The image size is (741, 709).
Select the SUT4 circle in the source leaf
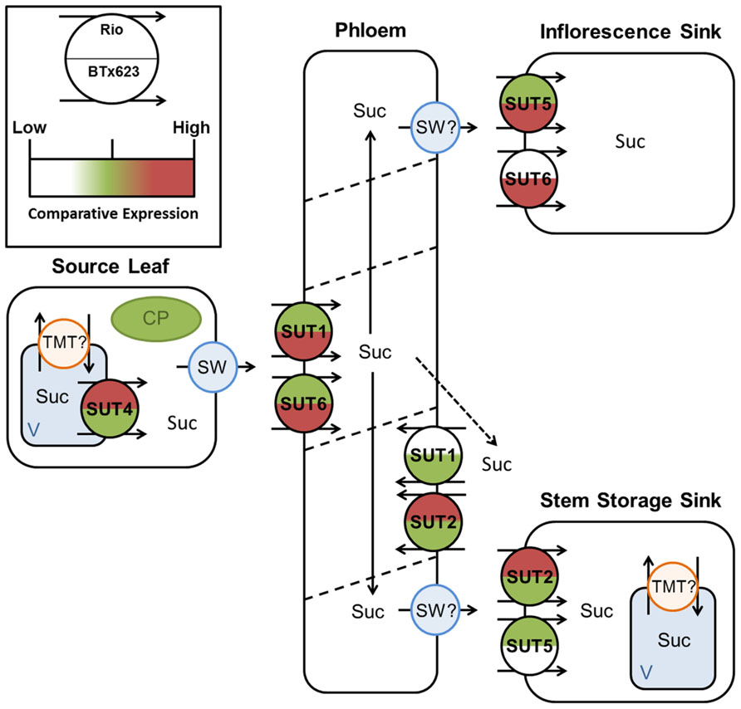click(x=109, y=407)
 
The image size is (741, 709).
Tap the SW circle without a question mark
click(x=213, y=364)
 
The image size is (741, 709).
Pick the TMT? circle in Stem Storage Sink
click(x=671, y=585)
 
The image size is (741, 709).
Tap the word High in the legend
click(x=190, y=128)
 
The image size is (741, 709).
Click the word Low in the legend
click(x=30, y=128)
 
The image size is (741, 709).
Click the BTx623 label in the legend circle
click(x=112, y=72)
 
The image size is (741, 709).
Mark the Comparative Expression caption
click(x=112, y=214)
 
